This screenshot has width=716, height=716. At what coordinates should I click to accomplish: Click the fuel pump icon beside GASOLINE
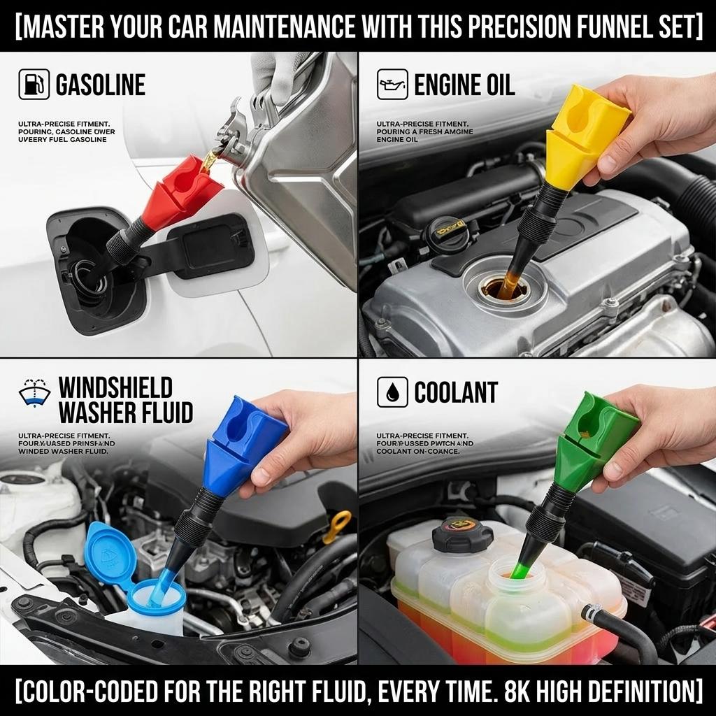(x=34, y=85)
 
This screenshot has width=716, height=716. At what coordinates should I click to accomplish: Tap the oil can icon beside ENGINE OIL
(x=392, y=85)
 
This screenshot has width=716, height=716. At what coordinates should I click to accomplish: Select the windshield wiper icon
(x=34, y=394)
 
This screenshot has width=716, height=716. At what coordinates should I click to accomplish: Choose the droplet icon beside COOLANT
(x=392, y=392)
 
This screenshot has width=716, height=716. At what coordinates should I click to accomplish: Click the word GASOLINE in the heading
(x=100, y=85)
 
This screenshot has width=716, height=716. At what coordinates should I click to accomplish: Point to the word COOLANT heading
(x=456, y=393)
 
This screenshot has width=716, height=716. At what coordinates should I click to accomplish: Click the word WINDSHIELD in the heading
(x=115, y=387)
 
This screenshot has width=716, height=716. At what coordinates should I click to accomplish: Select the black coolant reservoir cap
(x=462, y=534)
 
